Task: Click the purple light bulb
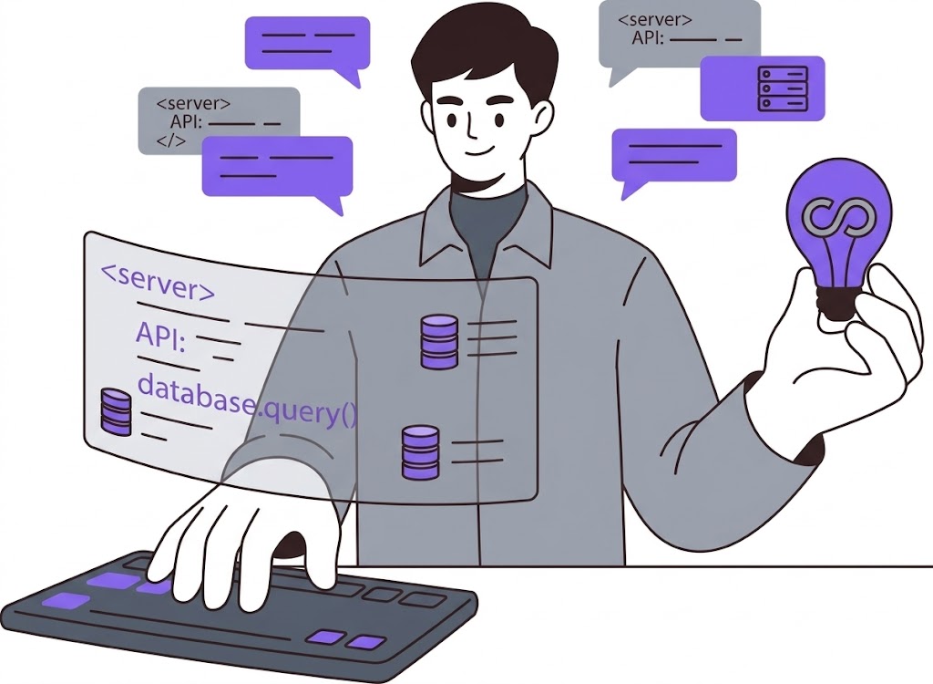[x=839, y=233]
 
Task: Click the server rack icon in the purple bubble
[x=783, y=88]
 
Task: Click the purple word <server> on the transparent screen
[x=159, y=281]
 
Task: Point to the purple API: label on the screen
[x=161, y=336]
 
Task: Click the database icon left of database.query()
[x=116, y=411]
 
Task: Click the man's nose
[x=473, y=125]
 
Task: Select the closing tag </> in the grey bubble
[x=170, y=141]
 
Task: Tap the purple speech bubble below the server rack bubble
[x=674, y=159]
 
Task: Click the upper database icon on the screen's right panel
[x=440, y=341]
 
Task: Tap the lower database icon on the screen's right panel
[x=420, y=452]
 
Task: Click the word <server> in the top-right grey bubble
[x=655, y=20]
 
